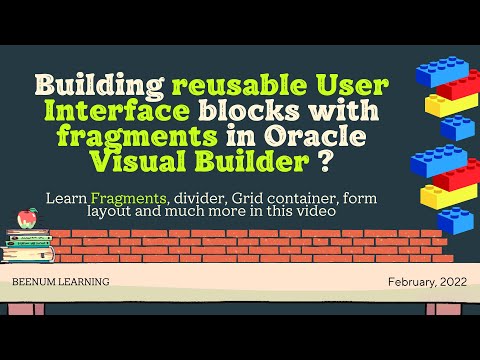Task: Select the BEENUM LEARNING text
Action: tap(61, 282)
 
